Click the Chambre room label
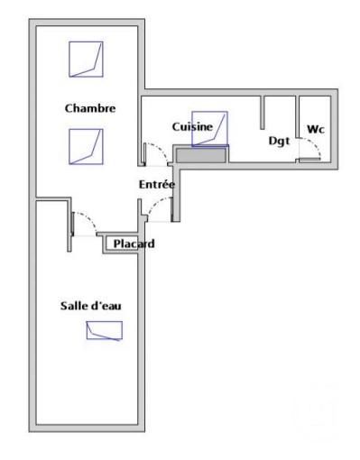pos(90,108)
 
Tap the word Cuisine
pos(192,127)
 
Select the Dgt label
pos(279,140)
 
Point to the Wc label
pos(315,129)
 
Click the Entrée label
pos(156,184)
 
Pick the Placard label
pos(134,244)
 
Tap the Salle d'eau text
pos(91,306)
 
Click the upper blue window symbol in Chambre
pos(86,60)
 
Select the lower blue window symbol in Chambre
pos(86,146)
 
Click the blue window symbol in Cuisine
pos(209,128)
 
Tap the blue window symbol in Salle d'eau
pos(104,330)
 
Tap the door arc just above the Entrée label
pos(157,153)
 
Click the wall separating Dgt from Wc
pos(297,126)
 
